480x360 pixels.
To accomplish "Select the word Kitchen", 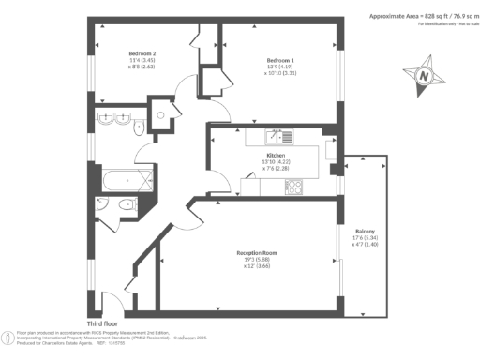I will [x=276, y=155].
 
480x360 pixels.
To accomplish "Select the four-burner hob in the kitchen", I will [x=292, y=186].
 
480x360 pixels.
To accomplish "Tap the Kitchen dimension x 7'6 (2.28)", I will [x=276, y=170].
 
